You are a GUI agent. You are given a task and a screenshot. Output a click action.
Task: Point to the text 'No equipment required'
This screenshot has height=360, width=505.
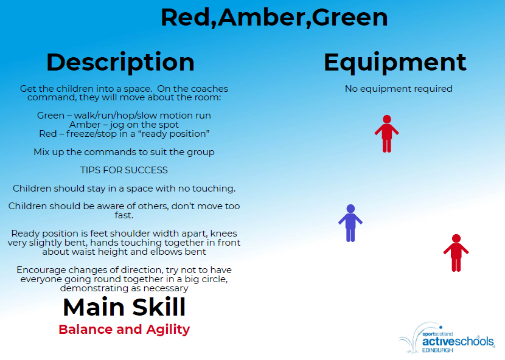click(399, 89)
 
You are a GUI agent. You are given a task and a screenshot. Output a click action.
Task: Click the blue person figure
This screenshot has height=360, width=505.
click(350, 223)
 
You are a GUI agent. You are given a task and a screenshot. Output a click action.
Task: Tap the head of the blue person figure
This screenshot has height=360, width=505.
click(350, 209)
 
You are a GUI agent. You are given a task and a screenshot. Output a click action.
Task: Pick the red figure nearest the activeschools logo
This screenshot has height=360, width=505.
click(456, 253)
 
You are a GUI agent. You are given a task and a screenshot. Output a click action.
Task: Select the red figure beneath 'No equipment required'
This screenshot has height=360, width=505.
click(387, 134)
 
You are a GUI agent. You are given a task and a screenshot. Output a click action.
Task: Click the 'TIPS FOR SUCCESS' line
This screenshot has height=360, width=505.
click(124, 170)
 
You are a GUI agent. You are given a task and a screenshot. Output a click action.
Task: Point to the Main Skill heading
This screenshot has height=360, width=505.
click(124, 307)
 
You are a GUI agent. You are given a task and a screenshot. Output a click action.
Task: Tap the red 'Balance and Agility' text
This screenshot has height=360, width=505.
click(124, 330)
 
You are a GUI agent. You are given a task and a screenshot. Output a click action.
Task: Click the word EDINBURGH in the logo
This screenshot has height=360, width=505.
click(437, 350)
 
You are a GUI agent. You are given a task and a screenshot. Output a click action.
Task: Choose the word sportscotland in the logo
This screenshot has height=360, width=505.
click(437, 334)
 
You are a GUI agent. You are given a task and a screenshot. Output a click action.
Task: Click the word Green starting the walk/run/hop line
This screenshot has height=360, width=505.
click(50, 116)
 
